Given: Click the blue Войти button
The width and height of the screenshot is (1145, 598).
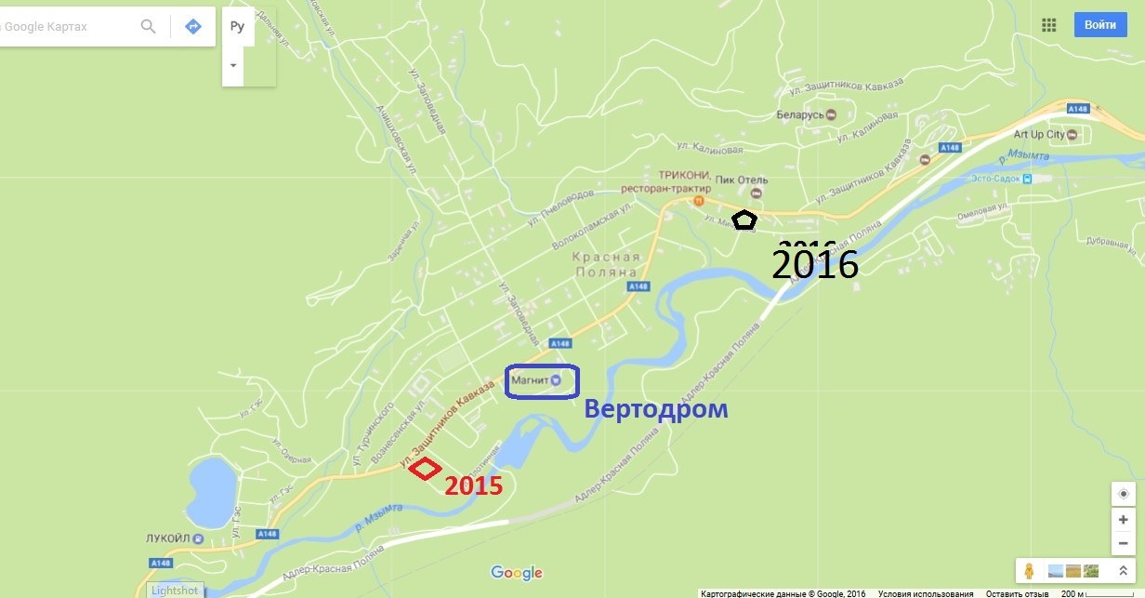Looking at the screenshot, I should [1099, 25].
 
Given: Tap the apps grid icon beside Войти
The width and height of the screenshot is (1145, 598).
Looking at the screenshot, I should [1049, 25].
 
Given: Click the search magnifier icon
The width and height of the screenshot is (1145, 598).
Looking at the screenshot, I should [148, 26].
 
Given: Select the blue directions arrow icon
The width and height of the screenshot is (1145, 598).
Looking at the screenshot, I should [193, 26].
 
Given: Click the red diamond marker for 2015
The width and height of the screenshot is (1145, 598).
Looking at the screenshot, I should [425, 470].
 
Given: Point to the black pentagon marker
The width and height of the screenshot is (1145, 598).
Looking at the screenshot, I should [744, 219].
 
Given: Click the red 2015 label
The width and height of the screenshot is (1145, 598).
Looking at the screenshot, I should [473, 485].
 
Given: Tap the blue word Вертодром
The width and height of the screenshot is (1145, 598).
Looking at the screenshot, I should [655, 409].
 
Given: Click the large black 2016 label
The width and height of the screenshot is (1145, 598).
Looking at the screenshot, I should [815, 264].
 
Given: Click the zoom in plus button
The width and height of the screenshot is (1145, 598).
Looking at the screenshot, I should [1124, 520].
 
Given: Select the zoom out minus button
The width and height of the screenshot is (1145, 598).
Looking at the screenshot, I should [1124, 543].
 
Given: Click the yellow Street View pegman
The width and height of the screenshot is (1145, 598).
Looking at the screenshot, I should [1029, 570].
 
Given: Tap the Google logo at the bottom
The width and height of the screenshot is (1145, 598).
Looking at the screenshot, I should [517, 573].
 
